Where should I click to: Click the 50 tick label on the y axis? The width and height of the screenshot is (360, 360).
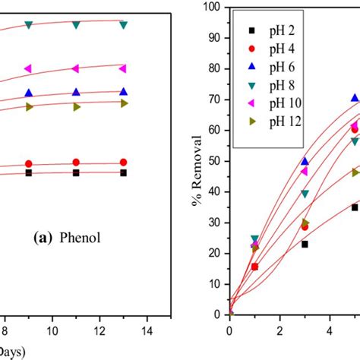pyautogui.click(x=216, y=161)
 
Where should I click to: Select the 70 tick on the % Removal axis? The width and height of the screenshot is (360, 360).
pyautogui.click(x=216, y=99)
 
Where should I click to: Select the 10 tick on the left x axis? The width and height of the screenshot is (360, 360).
pyautogui.click(x=52, y=330)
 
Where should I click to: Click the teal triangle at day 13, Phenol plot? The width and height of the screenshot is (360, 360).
pyautogui.click(x=123, y=25)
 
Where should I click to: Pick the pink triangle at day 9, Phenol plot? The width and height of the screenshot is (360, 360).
pyautogui.click(x=29, y=68)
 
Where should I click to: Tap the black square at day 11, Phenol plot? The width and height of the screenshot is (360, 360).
pyautogui.click(x=76, y=173)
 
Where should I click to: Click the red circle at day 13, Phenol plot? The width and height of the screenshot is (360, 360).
pyautogui.click(x=123, y=162)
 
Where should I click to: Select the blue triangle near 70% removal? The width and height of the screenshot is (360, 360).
pyautogui.click(x=355, y=98)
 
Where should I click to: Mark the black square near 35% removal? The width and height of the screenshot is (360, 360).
pyautogui.click(x=355, y=207)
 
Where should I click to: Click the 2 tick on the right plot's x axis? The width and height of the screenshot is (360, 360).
pyautogui.click(x=279, y=330)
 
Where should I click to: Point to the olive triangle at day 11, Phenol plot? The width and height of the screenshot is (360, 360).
pyautogui.click(x=76, y=107)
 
